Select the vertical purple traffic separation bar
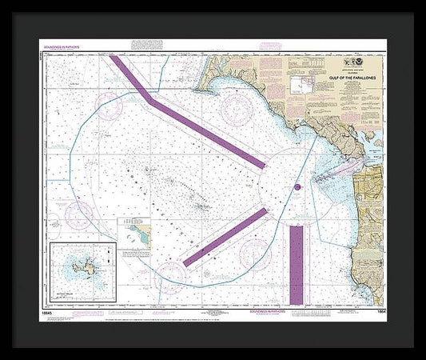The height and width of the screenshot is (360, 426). pos(297,264)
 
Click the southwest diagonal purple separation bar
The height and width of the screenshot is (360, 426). pos(225,236)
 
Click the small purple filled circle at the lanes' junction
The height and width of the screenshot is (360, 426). pos(297,188)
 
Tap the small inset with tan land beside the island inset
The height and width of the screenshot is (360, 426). pos(132,236)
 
